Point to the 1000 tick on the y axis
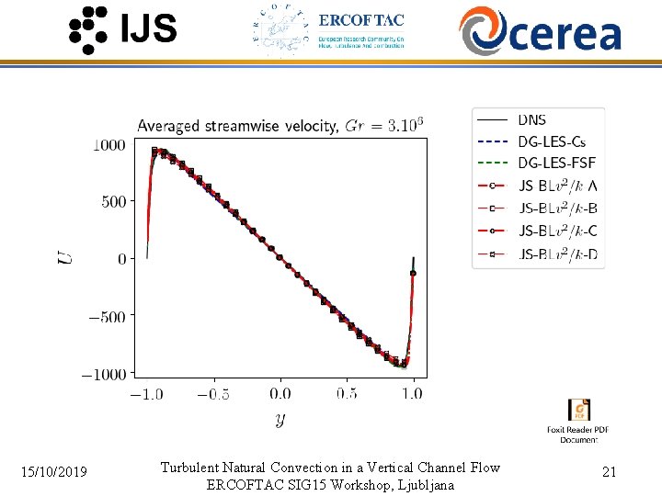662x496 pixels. point(109,144)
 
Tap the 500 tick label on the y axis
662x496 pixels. point(113,201)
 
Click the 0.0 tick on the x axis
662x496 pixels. point(280,393)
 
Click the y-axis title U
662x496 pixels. point(65,258)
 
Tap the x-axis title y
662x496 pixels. point(279,420)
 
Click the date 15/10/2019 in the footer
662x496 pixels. point(55,472)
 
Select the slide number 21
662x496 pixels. point(609,472)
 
